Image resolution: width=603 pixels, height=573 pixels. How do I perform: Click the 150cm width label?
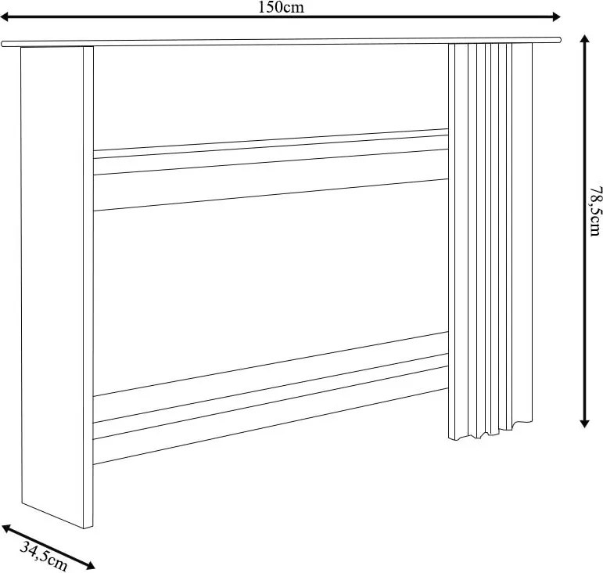(281, 7)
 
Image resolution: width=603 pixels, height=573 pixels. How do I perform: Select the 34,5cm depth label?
(44, 555)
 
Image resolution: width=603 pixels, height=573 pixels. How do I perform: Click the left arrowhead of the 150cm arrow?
(5, 16)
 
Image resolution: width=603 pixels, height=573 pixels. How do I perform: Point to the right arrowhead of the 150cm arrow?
(556, 16)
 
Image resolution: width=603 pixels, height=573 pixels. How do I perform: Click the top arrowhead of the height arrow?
(584, 40)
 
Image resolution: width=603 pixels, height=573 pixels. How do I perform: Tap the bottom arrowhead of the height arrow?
(584, 423)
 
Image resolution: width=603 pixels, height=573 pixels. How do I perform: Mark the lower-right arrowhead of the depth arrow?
(89, 565)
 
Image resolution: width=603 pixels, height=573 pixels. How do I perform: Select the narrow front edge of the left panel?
(88, 286)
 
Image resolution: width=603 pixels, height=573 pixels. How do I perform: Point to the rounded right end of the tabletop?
(558, 39)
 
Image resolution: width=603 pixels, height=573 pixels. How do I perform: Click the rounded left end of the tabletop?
(3, 44)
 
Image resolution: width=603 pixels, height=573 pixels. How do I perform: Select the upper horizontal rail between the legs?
(271, 170)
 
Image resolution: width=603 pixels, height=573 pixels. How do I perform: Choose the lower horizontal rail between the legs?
(271, 398)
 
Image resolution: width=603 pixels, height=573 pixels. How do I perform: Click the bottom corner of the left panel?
(84, 528)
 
